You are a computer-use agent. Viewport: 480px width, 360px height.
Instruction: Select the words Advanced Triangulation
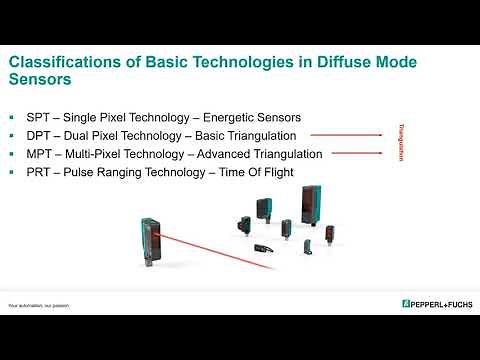point(263,154)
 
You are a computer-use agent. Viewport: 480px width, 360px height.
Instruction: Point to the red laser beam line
point(220,250)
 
